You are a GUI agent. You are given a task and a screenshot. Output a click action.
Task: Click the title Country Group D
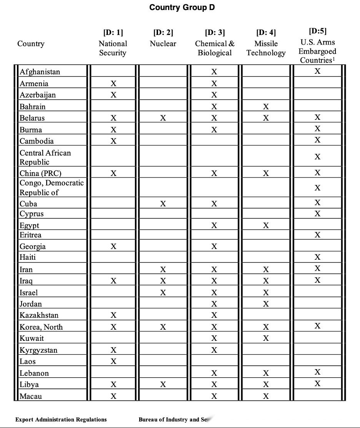coord(182,7)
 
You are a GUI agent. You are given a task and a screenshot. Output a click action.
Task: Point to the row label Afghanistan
coord(40,72)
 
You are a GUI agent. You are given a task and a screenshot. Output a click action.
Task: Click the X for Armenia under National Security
coord(113,83)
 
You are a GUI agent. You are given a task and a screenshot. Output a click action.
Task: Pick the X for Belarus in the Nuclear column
coord(163,118)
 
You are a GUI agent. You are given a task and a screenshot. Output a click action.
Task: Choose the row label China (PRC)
coord(40,173)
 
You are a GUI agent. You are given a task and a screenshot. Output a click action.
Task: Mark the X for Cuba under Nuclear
coord(163,204)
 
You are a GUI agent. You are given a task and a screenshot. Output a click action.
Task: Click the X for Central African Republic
coord(317,157)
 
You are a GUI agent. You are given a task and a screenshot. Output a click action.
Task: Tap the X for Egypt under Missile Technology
coord(266,226)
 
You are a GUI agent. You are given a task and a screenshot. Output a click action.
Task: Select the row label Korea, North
coord(41,327)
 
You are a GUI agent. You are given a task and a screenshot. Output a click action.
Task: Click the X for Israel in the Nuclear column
coord(163,293)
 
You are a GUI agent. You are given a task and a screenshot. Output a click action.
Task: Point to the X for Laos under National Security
coord(113,361)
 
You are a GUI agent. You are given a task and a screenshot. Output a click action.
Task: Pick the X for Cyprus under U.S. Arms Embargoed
coord(317,214)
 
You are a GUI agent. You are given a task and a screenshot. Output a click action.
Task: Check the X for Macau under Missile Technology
coord(266,396)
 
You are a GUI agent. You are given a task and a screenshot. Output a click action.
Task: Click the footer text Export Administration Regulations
coord(61,420)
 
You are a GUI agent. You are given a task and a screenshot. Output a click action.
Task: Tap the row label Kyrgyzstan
coord(38,350)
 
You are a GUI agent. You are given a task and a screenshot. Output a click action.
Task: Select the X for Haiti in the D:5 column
coord(317,257)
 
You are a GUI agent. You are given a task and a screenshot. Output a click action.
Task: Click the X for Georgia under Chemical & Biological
coord(214,246)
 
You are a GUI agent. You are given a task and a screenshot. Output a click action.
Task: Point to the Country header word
coord(31,44)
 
